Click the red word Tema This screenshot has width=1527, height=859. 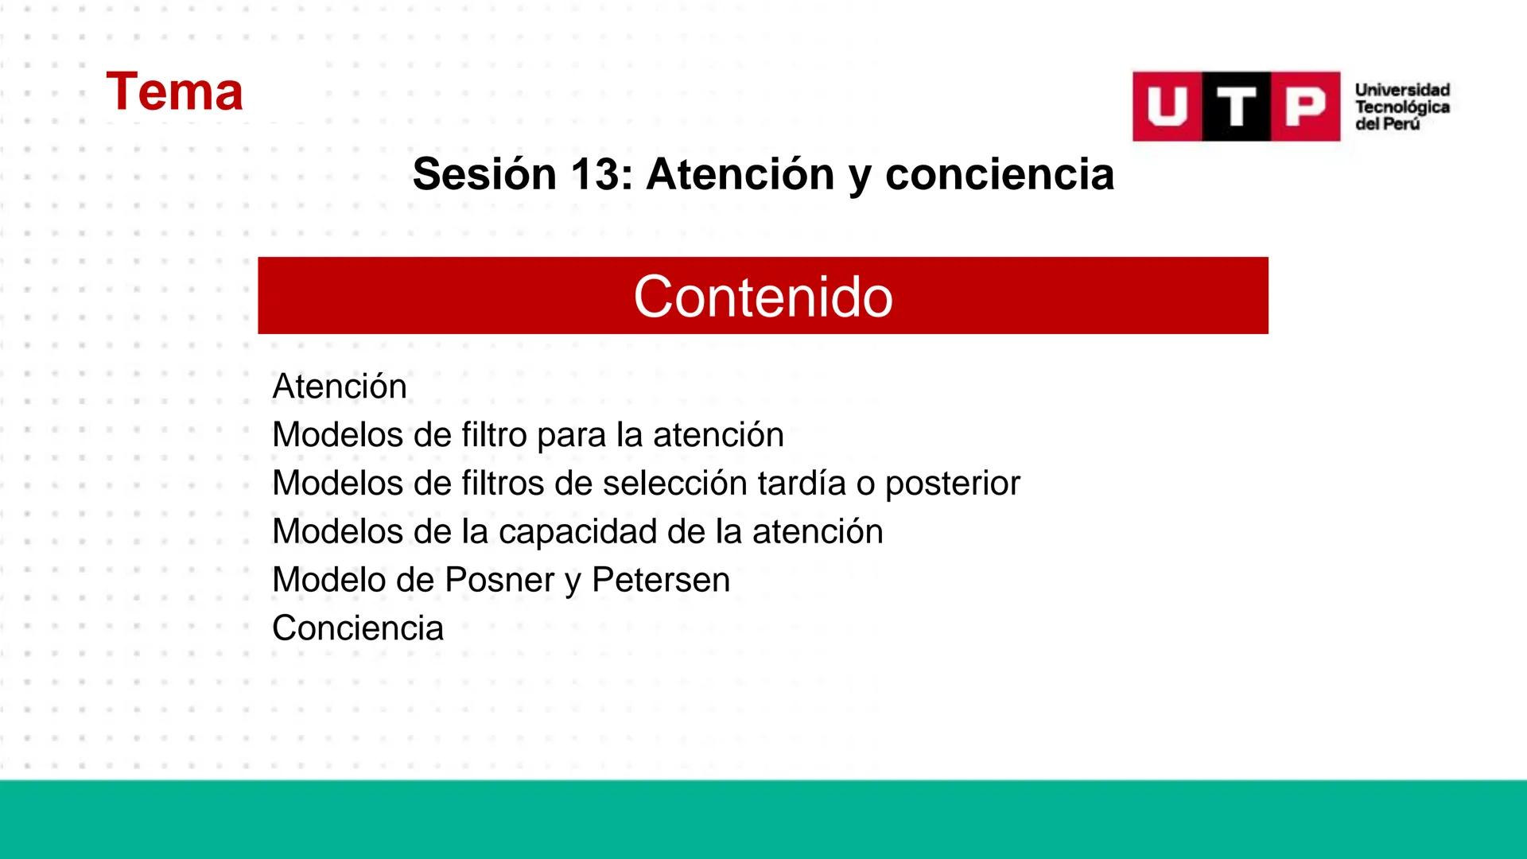click(x=174, y=91)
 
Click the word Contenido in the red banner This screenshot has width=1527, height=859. click(x=763, y=297)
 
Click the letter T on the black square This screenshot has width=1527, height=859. click(x=1236, y=107)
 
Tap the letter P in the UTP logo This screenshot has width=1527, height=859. click(x=1305, y=107)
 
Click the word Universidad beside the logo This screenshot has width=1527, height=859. click(x=1402, y=90)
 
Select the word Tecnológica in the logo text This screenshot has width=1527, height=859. click(x=1402, y=107)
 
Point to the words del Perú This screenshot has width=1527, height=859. click(x=1387, y=125)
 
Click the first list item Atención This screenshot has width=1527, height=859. click(x=340, y=387)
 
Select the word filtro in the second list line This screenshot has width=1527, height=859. click(x=494, y=435)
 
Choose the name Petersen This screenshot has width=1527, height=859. click(x=660, y=580)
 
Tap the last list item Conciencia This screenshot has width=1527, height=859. click(x=358, y=628)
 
